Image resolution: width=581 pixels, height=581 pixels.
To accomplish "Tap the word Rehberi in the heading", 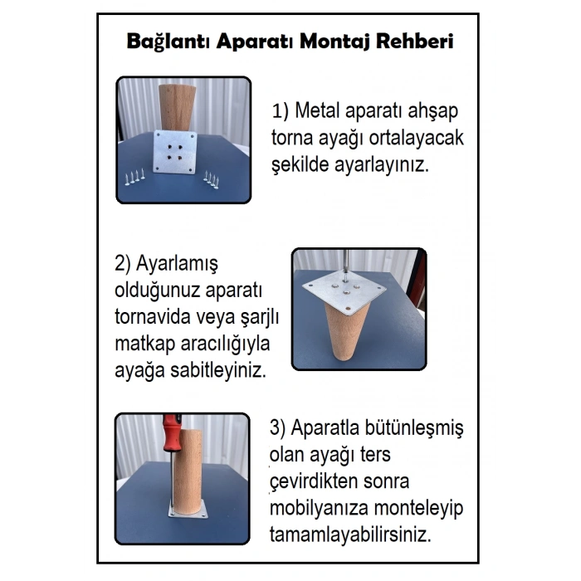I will (417, 41).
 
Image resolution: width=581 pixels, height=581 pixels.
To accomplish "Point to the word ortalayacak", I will (416, 139).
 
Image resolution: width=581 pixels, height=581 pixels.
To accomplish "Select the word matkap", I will (144, 344).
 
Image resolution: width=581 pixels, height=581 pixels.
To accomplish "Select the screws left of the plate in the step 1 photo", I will (135, 178).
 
